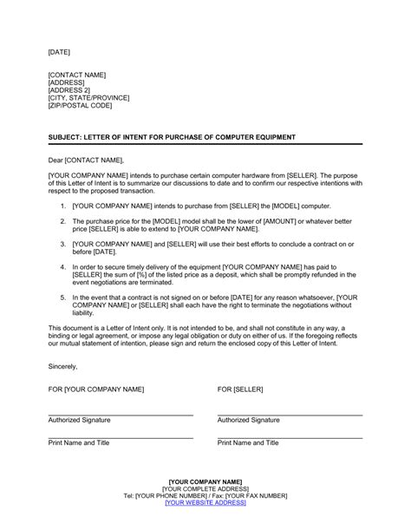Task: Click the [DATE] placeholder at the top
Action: click(59, 52)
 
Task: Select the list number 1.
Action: click(63, 206)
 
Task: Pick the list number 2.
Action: click(63, 221)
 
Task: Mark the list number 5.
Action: click(63, 298)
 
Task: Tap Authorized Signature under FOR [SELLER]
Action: click(249, 419)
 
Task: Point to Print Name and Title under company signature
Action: click(79, 442)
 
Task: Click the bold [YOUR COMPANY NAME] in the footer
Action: click(205, 481)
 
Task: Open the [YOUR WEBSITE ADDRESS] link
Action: click(205, 501)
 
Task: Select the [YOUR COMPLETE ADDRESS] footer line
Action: click(205, 487)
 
